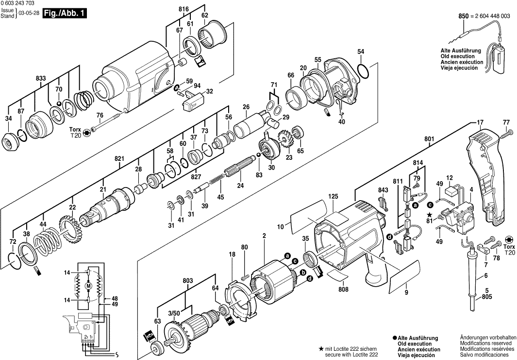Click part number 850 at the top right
463,17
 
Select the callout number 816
183,9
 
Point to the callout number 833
41,78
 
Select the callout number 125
332,196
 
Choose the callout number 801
429,139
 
